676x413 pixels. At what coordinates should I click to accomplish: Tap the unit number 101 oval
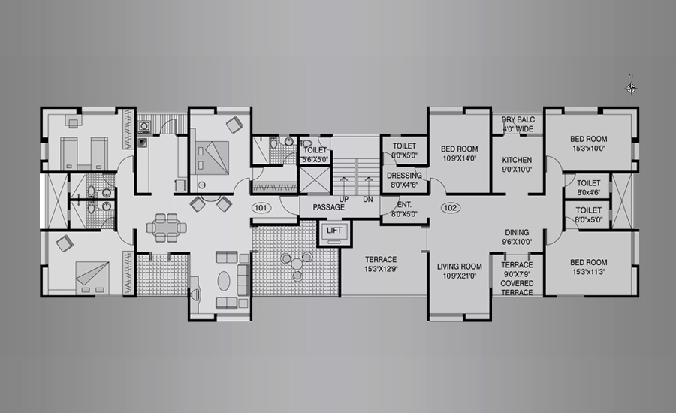point(261,208)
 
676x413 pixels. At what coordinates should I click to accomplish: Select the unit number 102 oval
point(450,208)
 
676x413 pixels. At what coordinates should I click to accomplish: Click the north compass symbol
point(631,88)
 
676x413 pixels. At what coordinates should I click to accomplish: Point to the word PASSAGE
point(328,207)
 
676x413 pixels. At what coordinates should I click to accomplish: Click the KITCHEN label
point(517,160)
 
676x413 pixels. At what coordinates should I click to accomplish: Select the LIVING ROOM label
point(459,267)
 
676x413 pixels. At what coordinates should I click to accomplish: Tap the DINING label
point(517,232)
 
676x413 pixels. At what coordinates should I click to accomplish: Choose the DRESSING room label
point(404,176)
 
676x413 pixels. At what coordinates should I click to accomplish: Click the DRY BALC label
point(518,119)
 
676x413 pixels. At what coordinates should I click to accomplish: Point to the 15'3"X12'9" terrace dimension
point(381,269)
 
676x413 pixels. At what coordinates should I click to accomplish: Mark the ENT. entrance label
point(404,205)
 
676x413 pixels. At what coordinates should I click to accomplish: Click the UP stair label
point(343,200)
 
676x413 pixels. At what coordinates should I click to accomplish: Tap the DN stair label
point(368,200)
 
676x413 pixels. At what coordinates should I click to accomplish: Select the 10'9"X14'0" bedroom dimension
point(459,158)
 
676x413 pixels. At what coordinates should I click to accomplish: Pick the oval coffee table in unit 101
point(224,281)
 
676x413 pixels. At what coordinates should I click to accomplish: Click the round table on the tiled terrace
point(297,264)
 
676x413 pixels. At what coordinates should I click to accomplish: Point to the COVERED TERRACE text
point(517,288)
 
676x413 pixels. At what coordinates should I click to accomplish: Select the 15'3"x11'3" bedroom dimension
point(588,272)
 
